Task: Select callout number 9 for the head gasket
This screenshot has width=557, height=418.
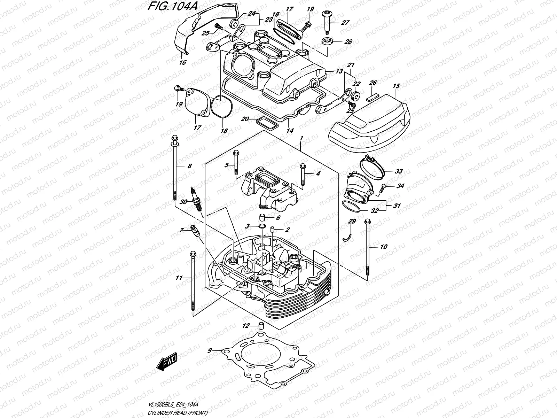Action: click(209, 351)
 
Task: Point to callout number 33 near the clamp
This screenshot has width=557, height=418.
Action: click(399, 171)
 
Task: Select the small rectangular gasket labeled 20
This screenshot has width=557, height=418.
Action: click(267, 122)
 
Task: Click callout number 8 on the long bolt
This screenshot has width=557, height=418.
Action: click(189, 166)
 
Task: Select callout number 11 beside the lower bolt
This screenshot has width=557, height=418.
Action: click(179, 278)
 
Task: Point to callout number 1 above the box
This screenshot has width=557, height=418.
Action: click(301, 138)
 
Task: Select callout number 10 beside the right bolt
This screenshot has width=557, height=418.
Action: click(383, 247)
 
